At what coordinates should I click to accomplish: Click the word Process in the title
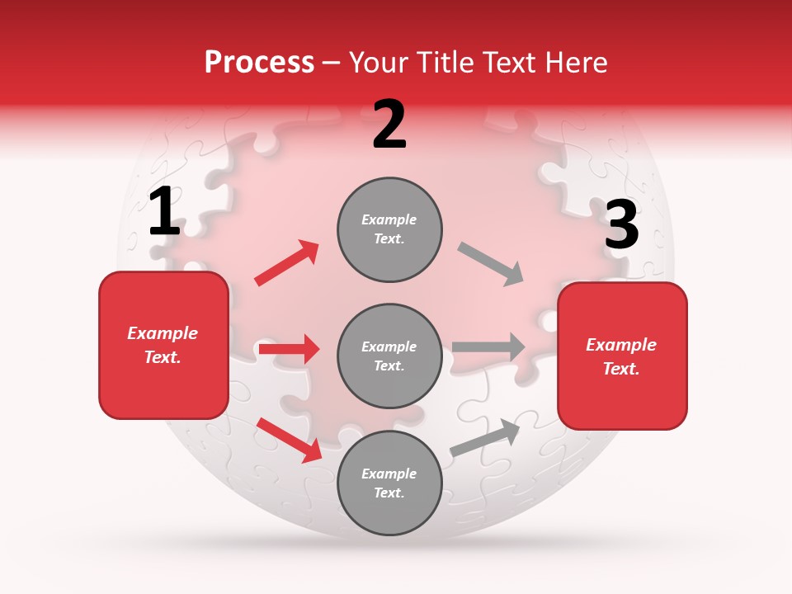pos(259,63)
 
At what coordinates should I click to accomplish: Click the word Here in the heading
pos(574,63)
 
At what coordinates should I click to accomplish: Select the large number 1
pos(164,212)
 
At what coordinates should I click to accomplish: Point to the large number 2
pos(389,125)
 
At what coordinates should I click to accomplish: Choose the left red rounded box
pos(163,345)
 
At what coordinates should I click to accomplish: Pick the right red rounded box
pos(622,356)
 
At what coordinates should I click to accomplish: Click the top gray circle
pos(389,229)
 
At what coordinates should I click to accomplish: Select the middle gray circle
pos(389,356)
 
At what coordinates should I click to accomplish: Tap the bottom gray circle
pos(389,483)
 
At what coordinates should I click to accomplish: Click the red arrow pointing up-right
pos(287,262)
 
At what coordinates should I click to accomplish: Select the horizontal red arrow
pos(289,349)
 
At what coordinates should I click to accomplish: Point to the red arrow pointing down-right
pos(290,439)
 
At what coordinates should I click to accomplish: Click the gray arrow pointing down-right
pos(491,264)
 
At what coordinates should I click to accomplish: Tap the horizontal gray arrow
pos(488,347)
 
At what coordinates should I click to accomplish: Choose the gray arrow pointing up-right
pos(485,437)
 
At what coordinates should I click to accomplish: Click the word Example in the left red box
pos(163,333)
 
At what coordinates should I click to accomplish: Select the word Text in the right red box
pos(620,369)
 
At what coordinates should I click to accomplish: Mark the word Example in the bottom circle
pos(389,474)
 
